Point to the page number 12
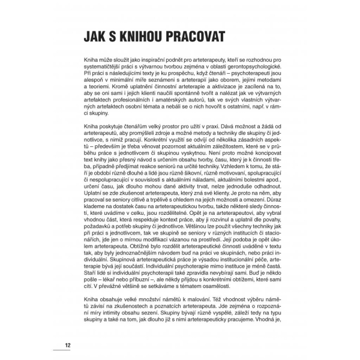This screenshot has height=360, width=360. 68,345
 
